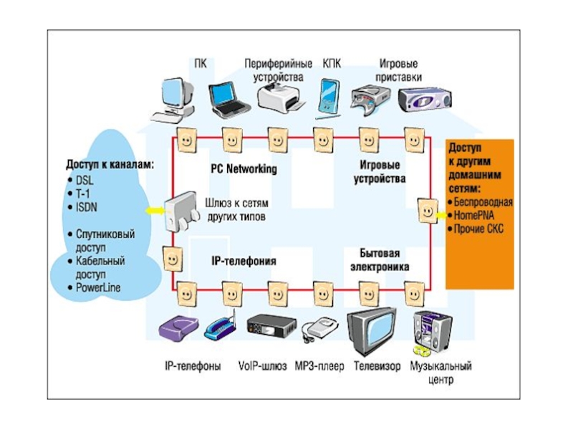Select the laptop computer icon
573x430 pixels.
228,100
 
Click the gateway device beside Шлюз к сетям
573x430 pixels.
180,209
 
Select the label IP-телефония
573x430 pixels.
244,262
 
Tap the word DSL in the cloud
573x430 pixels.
85,180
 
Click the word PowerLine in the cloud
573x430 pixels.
97,287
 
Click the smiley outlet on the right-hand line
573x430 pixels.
427,211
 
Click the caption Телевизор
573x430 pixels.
377,366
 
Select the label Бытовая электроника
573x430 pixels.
380,260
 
